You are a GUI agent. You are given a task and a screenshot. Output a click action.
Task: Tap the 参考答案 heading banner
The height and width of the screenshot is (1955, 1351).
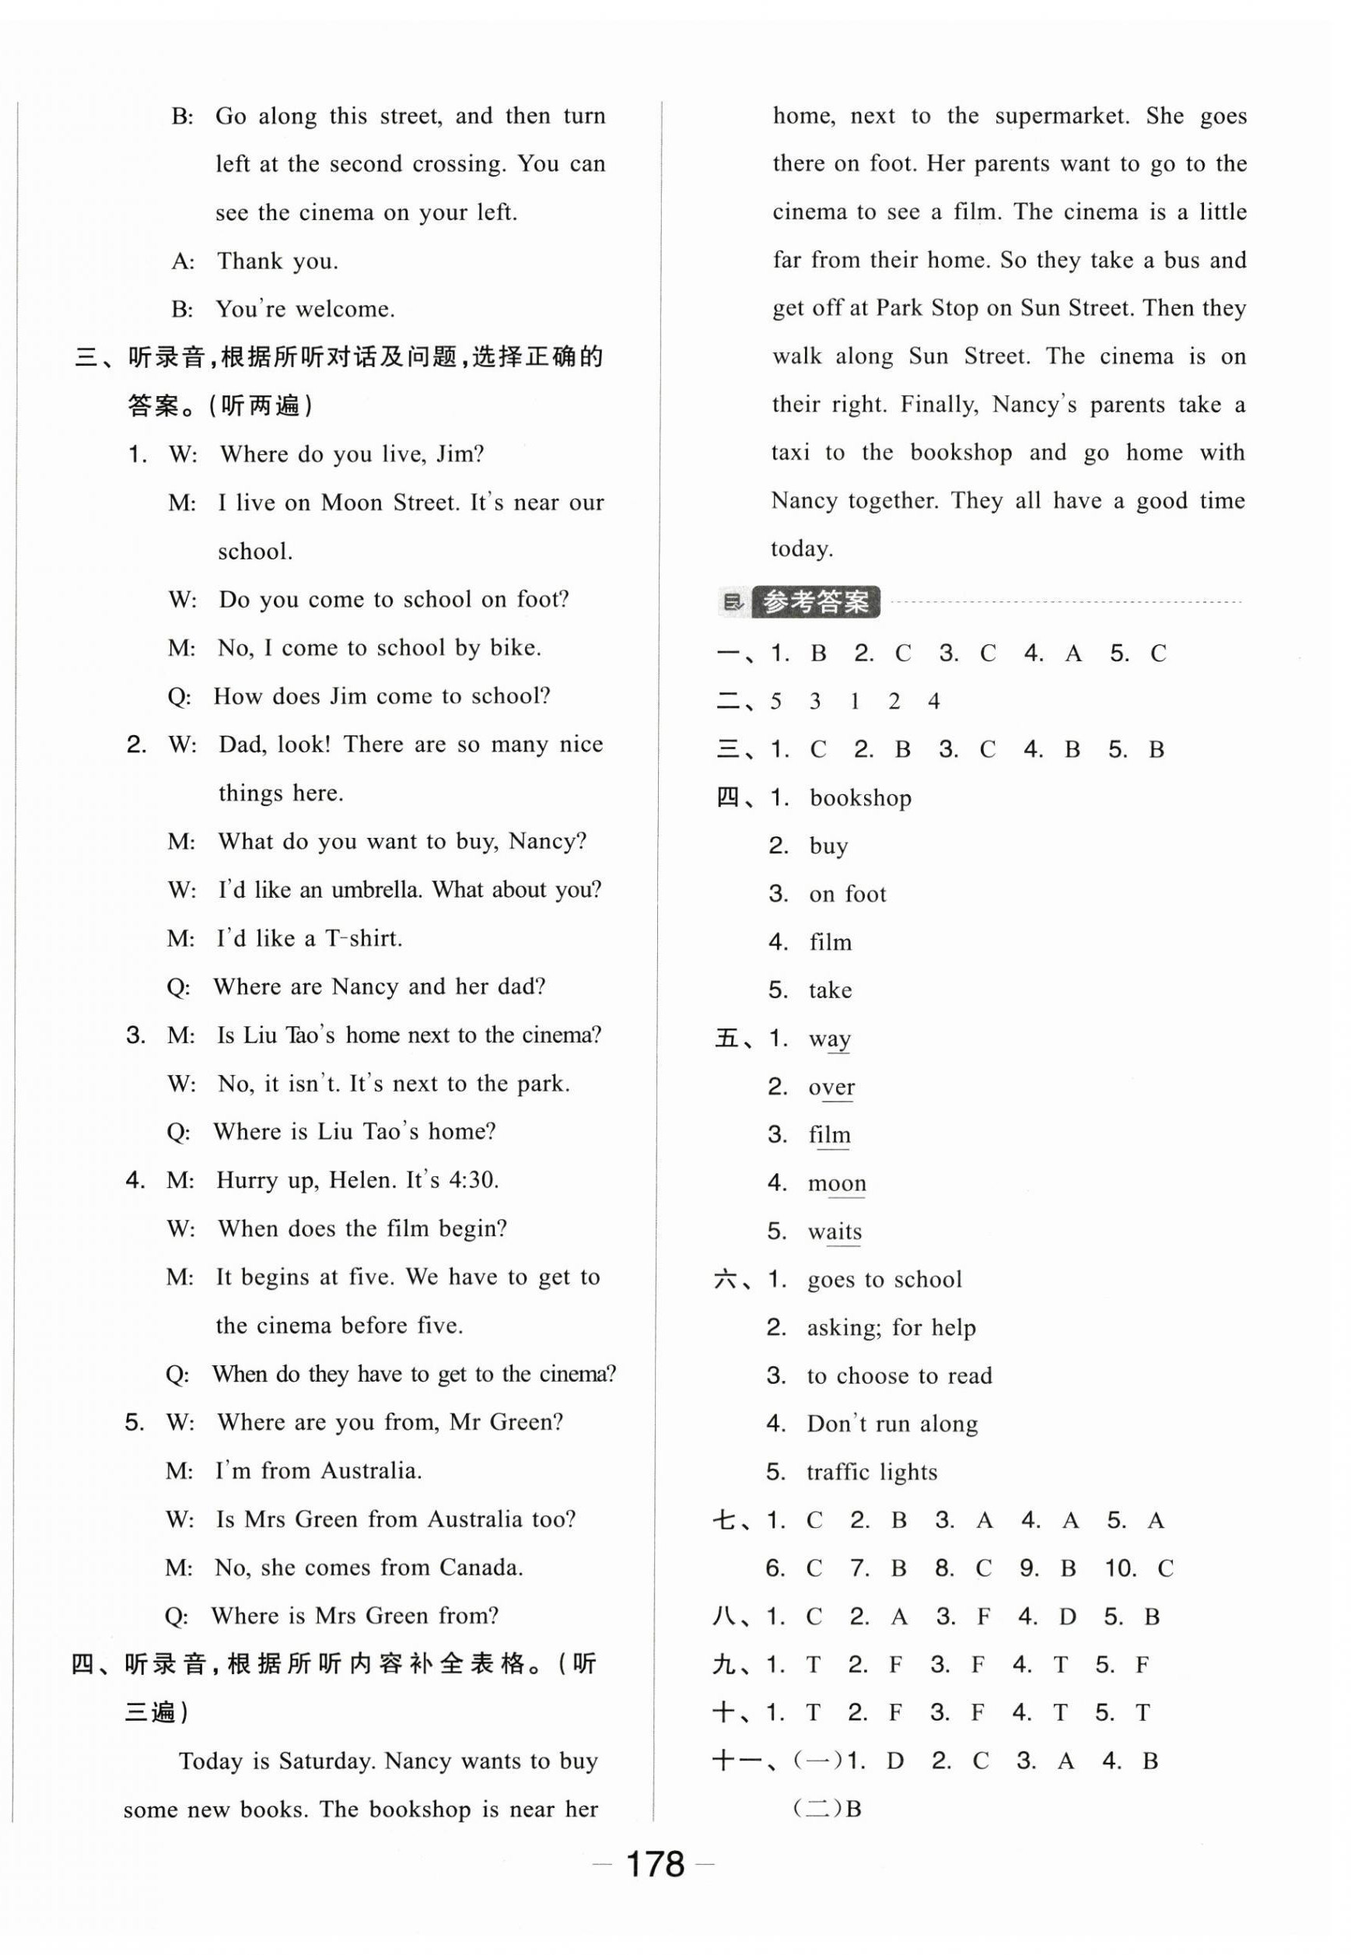click(815, 602)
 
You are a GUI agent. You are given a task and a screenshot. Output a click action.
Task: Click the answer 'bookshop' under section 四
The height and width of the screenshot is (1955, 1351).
click(860, 797)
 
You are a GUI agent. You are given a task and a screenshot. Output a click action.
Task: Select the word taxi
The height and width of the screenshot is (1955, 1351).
click(791, 453)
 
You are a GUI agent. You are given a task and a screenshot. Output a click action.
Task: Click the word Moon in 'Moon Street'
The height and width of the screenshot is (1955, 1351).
click(353, 503)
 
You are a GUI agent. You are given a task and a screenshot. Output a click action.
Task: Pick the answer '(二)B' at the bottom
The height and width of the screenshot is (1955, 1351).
click(827, 1809)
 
